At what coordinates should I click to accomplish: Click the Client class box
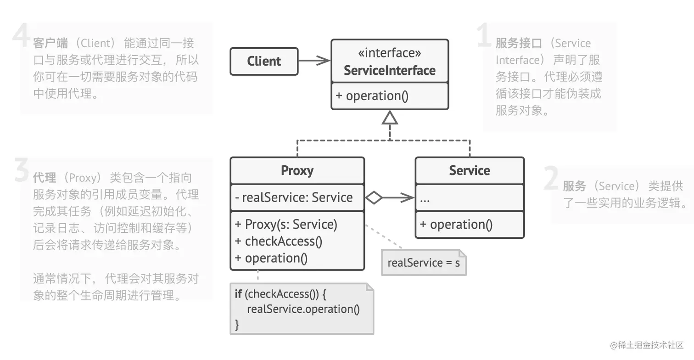tap(264, 61)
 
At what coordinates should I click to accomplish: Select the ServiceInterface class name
tap(389, 70)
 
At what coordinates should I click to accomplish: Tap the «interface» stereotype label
tap(389, 53)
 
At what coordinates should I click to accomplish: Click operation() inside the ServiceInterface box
tap(372, 96)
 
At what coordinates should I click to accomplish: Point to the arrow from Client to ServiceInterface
tap(314, 61)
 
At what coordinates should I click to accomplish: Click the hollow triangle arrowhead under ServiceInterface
tap(389, 118)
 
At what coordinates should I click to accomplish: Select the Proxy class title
tap(297, 170)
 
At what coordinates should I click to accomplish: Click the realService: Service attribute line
tap(294, 197)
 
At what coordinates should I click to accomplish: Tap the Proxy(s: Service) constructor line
tap(286, 224)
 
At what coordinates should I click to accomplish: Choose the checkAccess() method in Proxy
tap(279, 241)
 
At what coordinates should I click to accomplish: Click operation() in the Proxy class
tap(271, 258)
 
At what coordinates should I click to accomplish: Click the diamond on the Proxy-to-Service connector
tap(374, 197)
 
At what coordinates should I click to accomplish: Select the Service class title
tap(470, 170)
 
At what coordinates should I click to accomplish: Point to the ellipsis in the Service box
tap(425, 201)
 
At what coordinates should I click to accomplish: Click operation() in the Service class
tap(456, 224)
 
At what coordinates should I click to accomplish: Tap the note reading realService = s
tap(424, 263)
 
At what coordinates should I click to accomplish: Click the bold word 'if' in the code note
tap(238, 293)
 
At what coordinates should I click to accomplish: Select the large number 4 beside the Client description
tap(21, 35)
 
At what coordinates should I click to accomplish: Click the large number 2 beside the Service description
tap(552, 178)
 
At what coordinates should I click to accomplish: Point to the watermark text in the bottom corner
tap(647, 345)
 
